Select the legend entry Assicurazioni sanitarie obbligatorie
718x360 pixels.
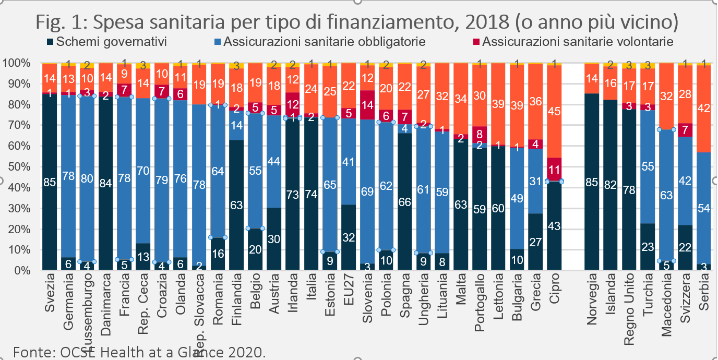point(324,41)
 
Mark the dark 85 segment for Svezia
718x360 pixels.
point(50,182)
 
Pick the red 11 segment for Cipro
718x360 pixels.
point(554,170)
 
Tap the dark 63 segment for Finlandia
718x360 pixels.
point(236,205)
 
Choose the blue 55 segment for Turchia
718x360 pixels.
point(648,167)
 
